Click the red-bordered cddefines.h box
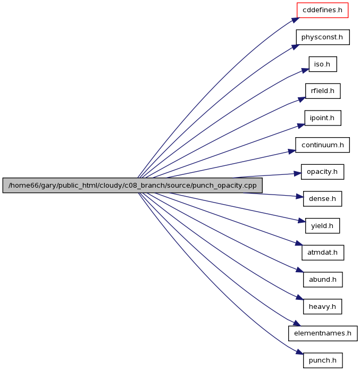pos(322,10)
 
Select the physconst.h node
pos(323,37)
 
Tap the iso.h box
pos(323,64)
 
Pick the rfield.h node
pos(323,91)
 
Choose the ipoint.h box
pos(323,117)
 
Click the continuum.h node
pos(322,145)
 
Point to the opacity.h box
pos(322,172)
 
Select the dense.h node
pos(322,198)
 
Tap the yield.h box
pos(322,225)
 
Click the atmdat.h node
pos(323,253)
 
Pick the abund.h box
pos(323,280)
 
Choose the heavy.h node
pos(322,306)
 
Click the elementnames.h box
pos(323,333)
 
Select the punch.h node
pos(323,360)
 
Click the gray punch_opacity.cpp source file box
pos(132,185)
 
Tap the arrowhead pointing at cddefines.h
pos(295,20)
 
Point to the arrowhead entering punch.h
pos(299,351)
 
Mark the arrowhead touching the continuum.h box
pos(292,152)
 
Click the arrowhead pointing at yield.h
pos(302,221)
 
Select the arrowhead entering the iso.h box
pos(305,71)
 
